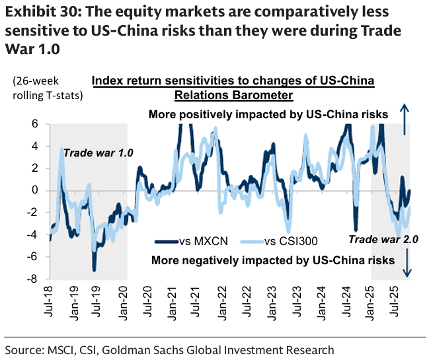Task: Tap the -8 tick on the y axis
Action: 31,279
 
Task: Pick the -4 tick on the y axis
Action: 31,235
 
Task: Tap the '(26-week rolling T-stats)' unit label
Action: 47,89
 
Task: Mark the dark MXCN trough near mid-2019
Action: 95,269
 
